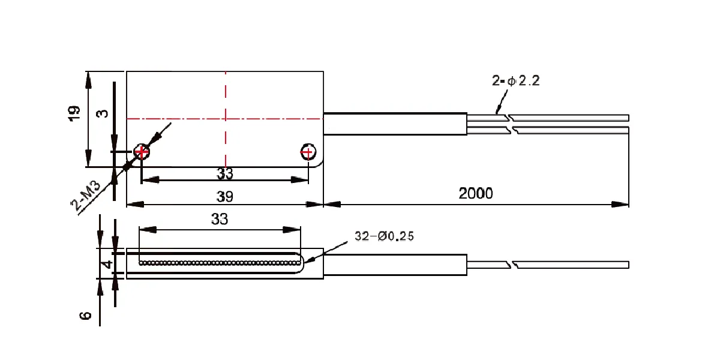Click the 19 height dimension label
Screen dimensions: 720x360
coord(74,113)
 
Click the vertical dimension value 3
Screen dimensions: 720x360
coord(103,113)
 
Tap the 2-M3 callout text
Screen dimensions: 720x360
coord(85,196)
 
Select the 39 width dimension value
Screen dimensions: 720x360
coord(224,196)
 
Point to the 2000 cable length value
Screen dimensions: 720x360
coord(475,193)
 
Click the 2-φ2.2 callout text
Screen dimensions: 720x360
coord(515,80)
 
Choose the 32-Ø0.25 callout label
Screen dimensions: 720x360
coord(384,236)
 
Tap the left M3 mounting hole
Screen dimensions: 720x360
coord(142,151)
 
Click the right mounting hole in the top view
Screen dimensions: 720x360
coord(308,152)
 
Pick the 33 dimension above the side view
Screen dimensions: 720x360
coord(220,219)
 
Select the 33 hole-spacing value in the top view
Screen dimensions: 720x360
coord(224,173)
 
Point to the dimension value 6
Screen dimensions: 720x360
coord(85,316)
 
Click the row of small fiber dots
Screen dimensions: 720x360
coord(220,263)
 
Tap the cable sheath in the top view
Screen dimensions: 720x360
coord(395,124)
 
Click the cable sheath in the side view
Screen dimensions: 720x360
coord(395,265)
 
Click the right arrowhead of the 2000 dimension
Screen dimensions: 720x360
coord(620,205)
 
